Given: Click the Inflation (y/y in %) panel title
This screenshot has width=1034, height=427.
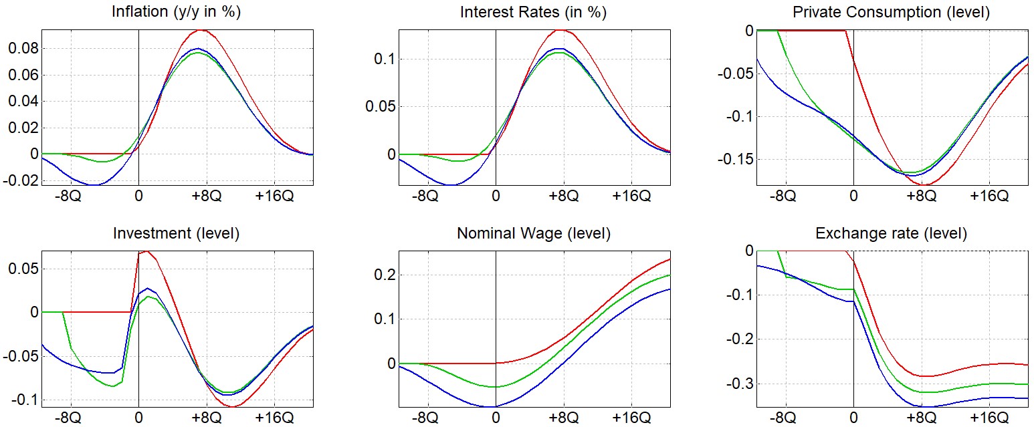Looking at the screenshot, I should click(x=177, y=13).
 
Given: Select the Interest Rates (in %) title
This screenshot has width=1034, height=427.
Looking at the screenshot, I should click(x=534, y=13).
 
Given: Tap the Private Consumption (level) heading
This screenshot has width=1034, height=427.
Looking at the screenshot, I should click(x=891, y=13).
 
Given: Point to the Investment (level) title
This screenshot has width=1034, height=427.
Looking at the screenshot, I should click(x=177, y=234).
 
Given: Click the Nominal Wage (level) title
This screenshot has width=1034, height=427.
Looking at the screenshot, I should click(x=534, y=234).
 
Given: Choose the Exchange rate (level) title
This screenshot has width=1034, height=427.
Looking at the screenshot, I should click(x=891, y=234).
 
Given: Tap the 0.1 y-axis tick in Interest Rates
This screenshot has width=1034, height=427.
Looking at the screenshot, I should click(x=379, y=59).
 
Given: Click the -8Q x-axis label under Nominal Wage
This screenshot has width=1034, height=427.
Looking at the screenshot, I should click(x=426, y=418).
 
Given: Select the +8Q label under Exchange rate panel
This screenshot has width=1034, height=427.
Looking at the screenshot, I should click(x=922, y=418).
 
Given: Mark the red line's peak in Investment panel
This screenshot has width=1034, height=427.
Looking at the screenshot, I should click(x=146, y=251).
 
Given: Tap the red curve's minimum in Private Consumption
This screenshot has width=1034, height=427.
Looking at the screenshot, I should click(x=924, y=184).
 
